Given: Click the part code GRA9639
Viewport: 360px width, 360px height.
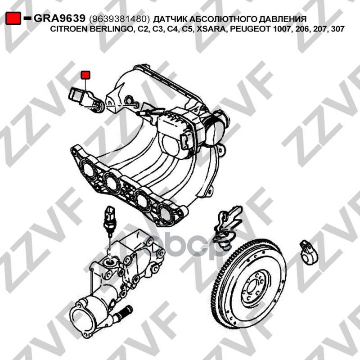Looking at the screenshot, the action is (59, 18).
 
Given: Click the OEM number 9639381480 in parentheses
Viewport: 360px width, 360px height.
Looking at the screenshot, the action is (119, 19).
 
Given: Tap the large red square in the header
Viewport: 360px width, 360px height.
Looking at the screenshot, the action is (13, 18).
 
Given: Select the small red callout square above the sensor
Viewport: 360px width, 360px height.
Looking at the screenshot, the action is (85, 75).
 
